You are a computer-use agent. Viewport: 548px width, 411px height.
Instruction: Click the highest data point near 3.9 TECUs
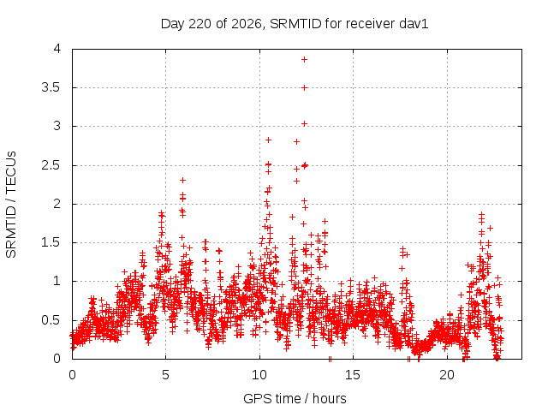click(x=305, y=59)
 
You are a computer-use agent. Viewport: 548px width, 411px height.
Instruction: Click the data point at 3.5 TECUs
click(x=305, y=87)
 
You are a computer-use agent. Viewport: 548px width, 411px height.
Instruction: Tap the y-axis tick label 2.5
click(x=51, y=165)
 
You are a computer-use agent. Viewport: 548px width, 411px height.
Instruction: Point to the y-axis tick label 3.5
click(x=51, y=87)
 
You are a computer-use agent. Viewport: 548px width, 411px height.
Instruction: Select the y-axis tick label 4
click(x=57, y=49)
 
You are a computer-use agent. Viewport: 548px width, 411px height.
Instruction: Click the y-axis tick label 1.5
click(x=51, y=242)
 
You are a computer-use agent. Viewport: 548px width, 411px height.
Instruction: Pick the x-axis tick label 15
click(x=353, y=375)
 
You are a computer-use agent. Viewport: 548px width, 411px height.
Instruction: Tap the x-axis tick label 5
click(x=165, y=375)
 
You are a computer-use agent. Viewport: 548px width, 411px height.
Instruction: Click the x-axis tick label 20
click(x=447, y=375)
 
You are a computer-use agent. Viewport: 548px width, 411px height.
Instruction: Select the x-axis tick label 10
click(x=259, y=375)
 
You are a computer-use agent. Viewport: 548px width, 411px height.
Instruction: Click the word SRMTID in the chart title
click(x=295, y=24)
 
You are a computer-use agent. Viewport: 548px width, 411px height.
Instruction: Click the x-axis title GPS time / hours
click(x=295, y=398)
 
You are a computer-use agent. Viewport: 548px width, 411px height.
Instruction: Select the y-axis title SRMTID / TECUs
click(x=11, y=205)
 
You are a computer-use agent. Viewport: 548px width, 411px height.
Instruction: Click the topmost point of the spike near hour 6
click(x=182, y=181)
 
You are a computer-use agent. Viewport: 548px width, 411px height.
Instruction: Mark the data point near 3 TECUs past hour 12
click(x=305, y=123)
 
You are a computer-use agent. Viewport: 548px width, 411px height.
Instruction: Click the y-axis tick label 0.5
click(x=51, y=320)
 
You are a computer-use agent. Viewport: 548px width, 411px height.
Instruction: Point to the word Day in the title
click(x=172, y=25)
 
